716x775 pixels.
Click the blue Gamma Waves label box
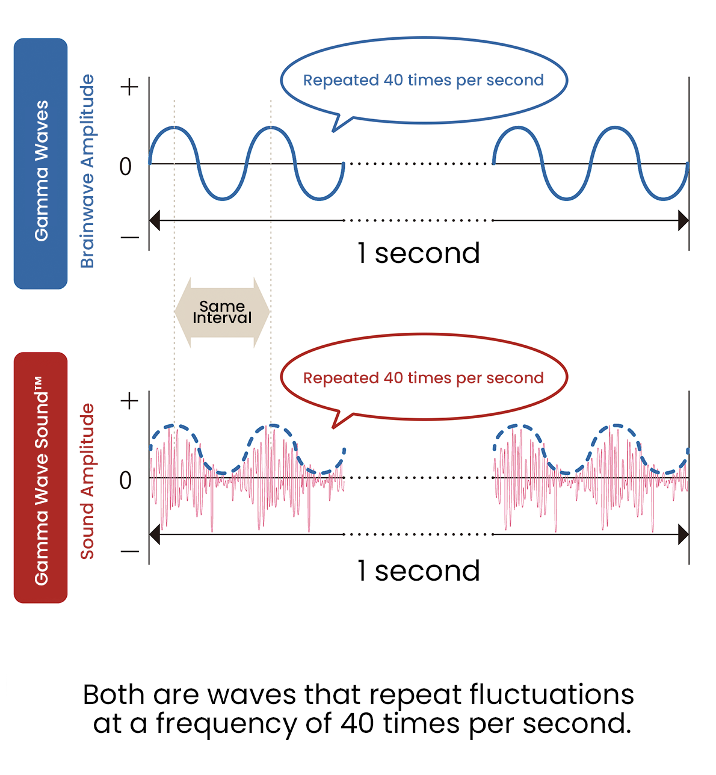(x=40, y=164)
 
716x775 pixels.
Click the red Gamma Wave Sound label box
(x=40, y=477)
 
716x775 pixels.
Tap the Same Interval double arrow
(x=222, y=312)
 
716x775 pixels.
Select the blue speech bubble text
(x=423, y=81)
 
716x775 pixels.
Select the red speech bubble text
(x=423, y=378)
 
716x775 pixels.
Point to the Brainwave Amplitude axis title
(x=87, y=171)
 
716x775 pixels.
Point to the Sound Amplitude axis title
(x=87, y=481)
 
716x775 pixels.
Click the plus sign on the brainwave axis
(x=129, y=87)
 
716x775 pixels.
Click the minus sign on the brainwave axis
(x=129, y=237)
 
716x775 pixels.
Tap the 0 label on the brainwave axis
(x=125, y=167)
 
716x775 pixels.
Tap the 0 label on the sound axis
(x=125, y=480)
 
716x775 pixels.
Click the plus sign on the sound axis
(x=129, y=401)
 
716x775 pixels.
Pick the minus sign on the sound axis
(x=129, y=551)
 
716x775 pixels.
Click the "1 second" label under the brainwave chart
(x=419, y=253)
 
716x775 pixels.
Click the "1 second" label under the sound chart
(x=419, y=571)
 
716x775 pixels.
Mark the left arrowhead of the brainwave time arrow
(x=155, y=220)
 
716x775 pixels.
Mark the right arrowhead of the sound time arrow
(x=684, y=534)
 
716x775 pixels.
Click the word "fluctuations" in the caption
(x=551, y=694)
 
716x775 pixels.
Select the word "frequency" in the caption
(x=227, y=725)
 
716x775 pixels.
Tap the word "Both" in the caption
(x=114, y=694)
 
